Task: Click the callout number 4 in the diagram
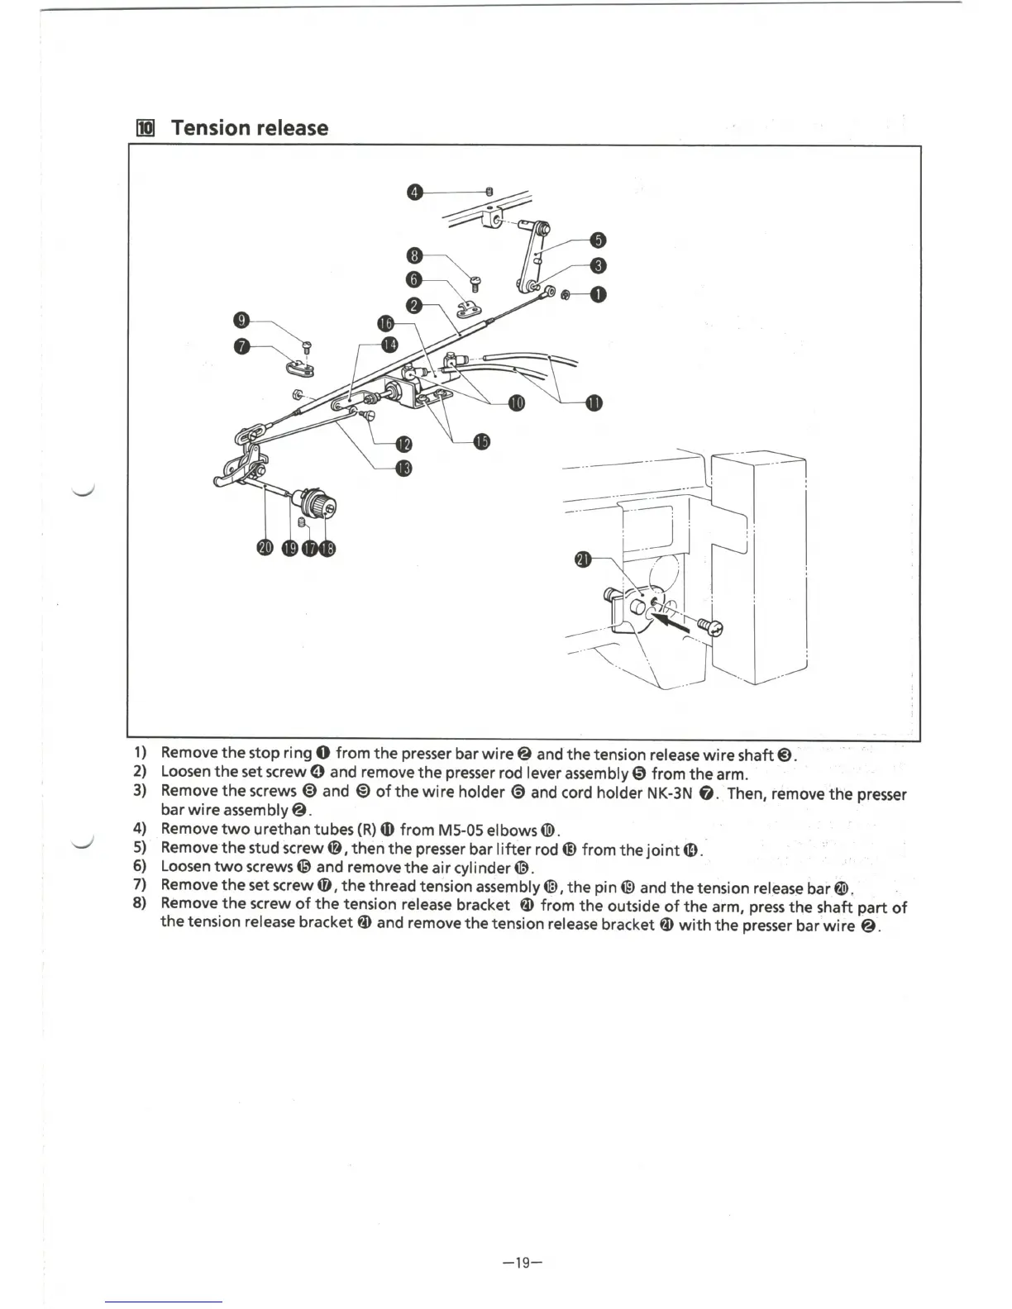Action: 416,193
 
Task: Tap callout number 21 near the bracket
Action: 583,559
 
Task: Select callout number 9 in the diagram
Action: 241,321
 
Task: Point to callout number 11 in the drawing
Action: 594,402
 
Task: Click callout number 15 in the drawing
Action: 482,441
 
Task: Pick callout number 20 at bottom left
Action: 265,548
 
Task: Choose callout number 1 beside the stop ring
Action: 599,294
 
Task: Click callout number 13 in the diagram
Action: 403,469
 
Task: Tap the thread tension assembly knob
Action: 319,503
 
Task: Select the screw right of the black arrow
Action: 711,629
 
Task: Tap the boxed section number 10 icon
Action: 146,128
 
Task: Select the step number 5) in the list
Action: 139,848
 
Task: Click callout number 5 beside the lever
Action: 599,240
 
